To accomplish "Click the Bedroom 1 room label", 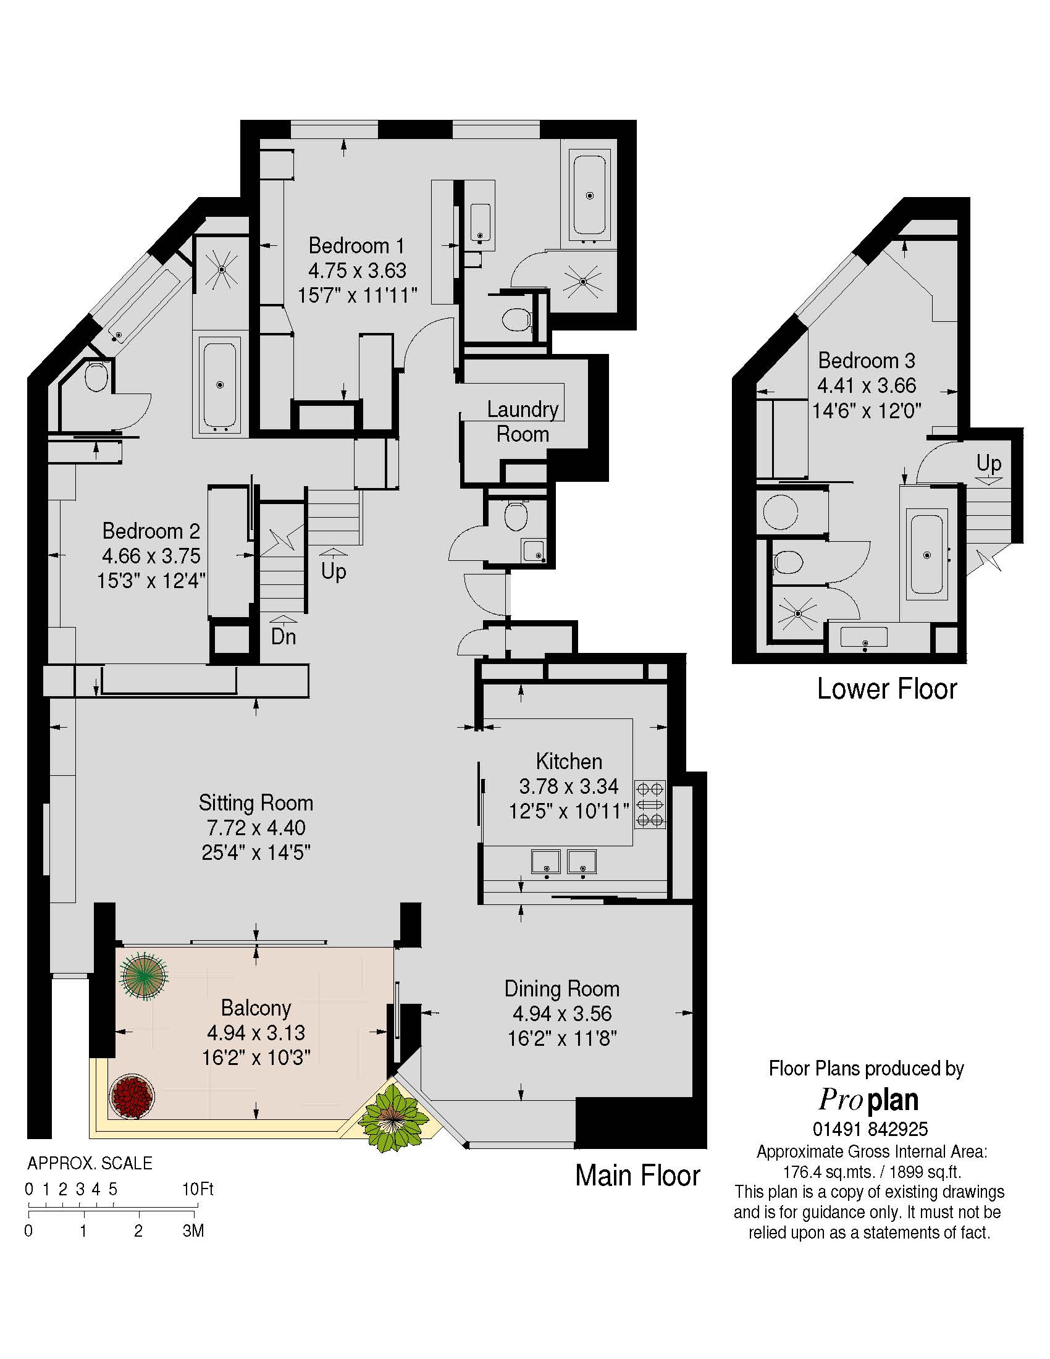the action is pos(356,246).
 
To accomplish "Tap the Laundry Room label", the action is pos(523,421).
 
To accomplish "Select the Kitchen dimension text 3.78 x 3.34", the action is pos(568,786).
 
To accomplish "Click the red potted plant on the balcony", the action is pos(132,1096).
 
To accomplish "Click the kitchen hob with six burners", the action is pos(650,804).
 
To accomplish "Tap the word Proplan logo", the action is pos(868,1101).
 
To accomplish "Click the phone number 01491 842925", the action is pos(870,1129).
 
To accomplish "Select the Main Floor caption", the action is pos(637,1176).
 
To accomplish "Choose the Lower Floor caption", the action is pos(887,689).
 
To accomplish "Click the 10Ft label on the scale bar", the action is pos(198,1190).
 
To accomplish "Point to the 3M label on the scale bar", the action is pos(193,1231).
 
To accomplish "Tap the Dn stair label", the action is pos(283,636).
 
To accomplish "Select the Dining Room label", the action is pos(561,989).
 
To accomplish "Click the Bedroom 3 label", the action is pos(867,360).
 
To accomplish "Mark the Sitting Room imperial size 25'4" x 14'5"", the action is pos(256,852).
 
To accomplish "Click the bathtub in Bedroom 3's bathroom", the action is pos(927,555).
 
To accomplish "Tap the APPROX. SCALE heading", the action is pos(90,1163).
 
